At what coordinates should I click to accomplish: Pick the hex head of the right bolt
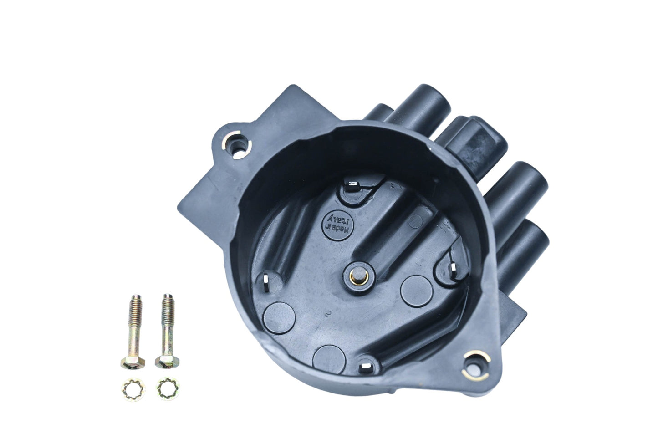click(x=164, y=362)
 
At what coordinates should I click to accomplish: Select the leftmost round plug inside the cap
click(x=279, y=316)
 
